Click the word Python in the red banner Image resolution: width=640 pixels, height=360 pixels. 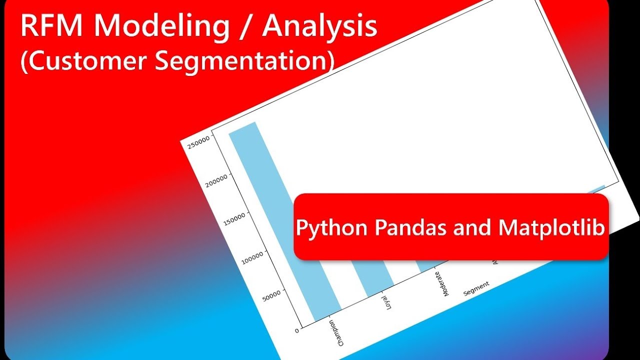click(331, 228)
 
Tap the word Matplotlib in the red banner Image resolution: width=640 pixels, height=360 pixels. click(552, 227)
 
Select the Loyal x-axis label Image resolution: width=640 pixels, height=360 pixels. click(387, 302)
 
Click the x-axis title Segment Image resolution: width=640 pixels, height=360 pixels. click(476, 289)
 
